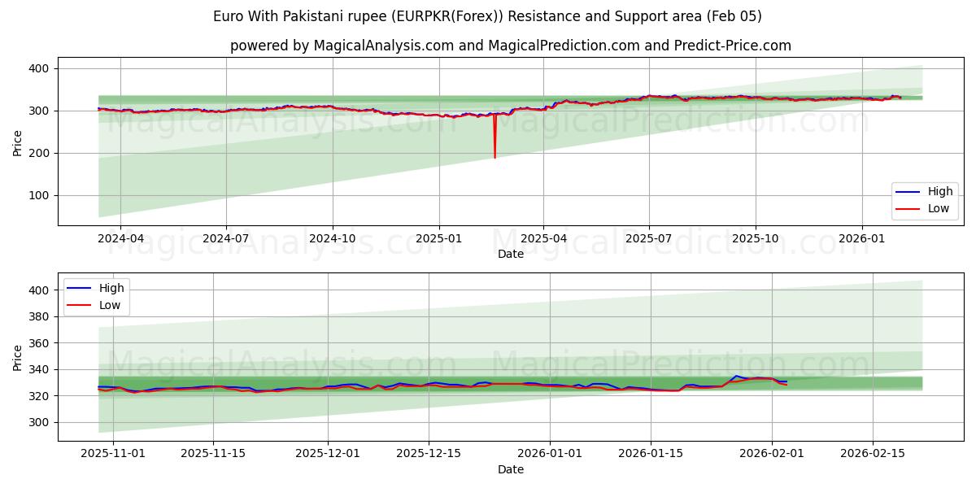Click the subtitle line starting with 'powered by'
point(510,46)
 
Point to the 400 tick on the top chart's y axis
point(39,68)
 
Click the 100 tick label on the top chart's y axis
point(39,195)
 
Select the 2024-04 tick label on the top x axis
point(120,239)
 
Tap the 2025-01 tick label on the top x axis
point(439,239)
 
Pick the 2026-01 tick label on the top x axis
point(861,239)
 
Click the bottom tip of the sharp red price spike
point(495,157)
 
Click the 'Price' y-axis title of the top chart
point(18,143)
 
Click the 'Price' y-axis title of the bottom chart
point(18,358)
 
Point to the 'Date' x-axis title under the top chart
point(510,254)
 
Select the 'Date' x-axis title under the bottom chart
point(510,469)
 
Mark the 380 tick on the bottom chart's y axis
point(39,316)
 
